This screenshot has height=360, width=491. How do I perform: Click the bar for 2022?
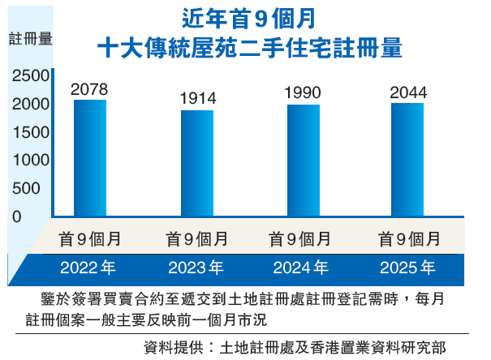click(x=90, y=157)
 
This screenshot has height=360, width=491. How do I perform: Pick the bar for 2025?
click(x=407, y=159)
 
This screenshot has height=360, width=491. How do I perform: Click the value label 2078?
click(x=89, y=88)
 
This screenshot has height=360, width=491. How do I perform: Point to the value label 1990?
click(x=303, y=93)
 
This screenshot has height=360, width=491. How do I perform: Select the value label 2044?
click(x=407, y=92)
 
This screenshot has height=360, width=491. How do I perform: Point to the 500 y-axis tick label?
click(x=26, y=188)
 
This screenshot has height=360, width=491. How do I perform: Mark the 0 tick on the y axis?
click(x=16, y=216)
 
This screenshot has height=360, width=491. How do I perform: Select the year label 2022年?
click(x=89, y=267)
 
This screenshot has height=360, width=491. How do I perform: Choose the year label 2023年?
click(x=196, y=267)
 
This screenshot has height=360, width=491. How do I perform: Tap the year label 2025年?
click(x=407, y=267)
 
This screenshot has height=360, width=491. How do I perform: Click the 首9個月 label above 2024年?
click(x=301, y=239)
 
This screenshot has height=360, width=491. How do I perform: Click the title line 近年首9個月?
click(x=248, y=17)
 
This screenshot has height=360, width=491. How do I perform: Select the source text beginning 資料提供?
click(x=294, y=347)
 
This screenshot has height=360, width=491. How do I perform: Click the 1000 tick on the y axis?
click(x=31, y=161)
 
